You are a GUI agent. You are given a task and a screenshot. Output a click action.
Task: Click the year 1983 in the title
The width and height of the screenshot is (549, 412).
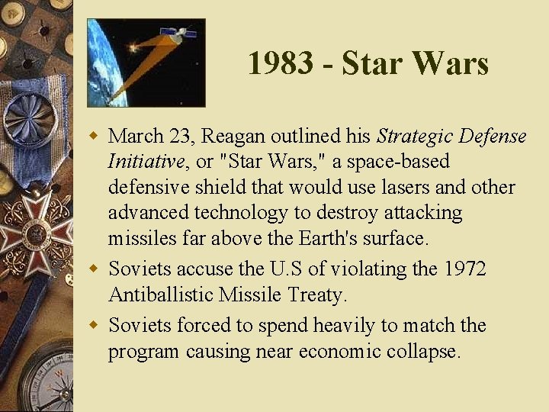[280, 63]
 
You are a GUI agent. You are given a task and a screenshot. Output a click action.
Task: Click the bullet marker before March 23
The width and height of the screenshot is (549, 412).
[95, 137]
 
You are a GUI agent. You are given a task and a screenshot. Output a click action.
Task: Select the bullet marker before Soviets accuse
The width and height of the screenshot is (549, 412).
[95, 269]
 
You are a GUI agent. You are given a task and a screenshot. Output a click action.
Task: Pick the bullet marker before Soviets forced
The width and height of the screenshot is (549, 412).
[95, 326]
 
